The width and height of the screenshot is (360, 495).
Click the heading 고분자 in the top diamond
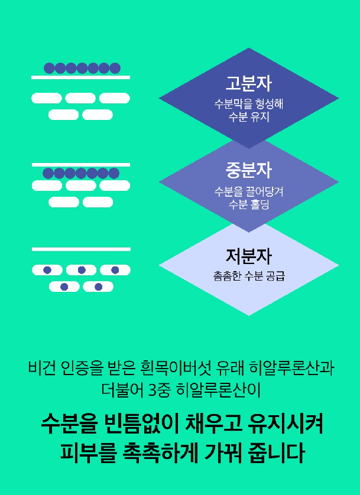point(248,82)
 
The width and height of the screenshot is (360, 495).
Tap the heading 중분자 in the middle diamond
point(248,170)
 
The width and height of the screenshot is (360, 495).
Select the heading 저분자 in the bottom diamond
point(248,256)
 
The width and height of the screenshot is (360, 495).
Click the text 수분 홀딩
point(248,204)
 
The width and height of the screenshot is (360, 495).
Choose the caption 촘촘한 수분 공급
point(248,276)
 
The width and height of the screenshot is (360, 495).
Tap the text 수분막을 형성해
point(248,104)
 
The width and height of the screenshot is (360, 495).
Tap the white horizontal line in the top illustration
point(80,77)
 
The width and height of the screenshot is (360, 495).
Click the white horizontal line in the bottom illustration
point(80,249)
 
